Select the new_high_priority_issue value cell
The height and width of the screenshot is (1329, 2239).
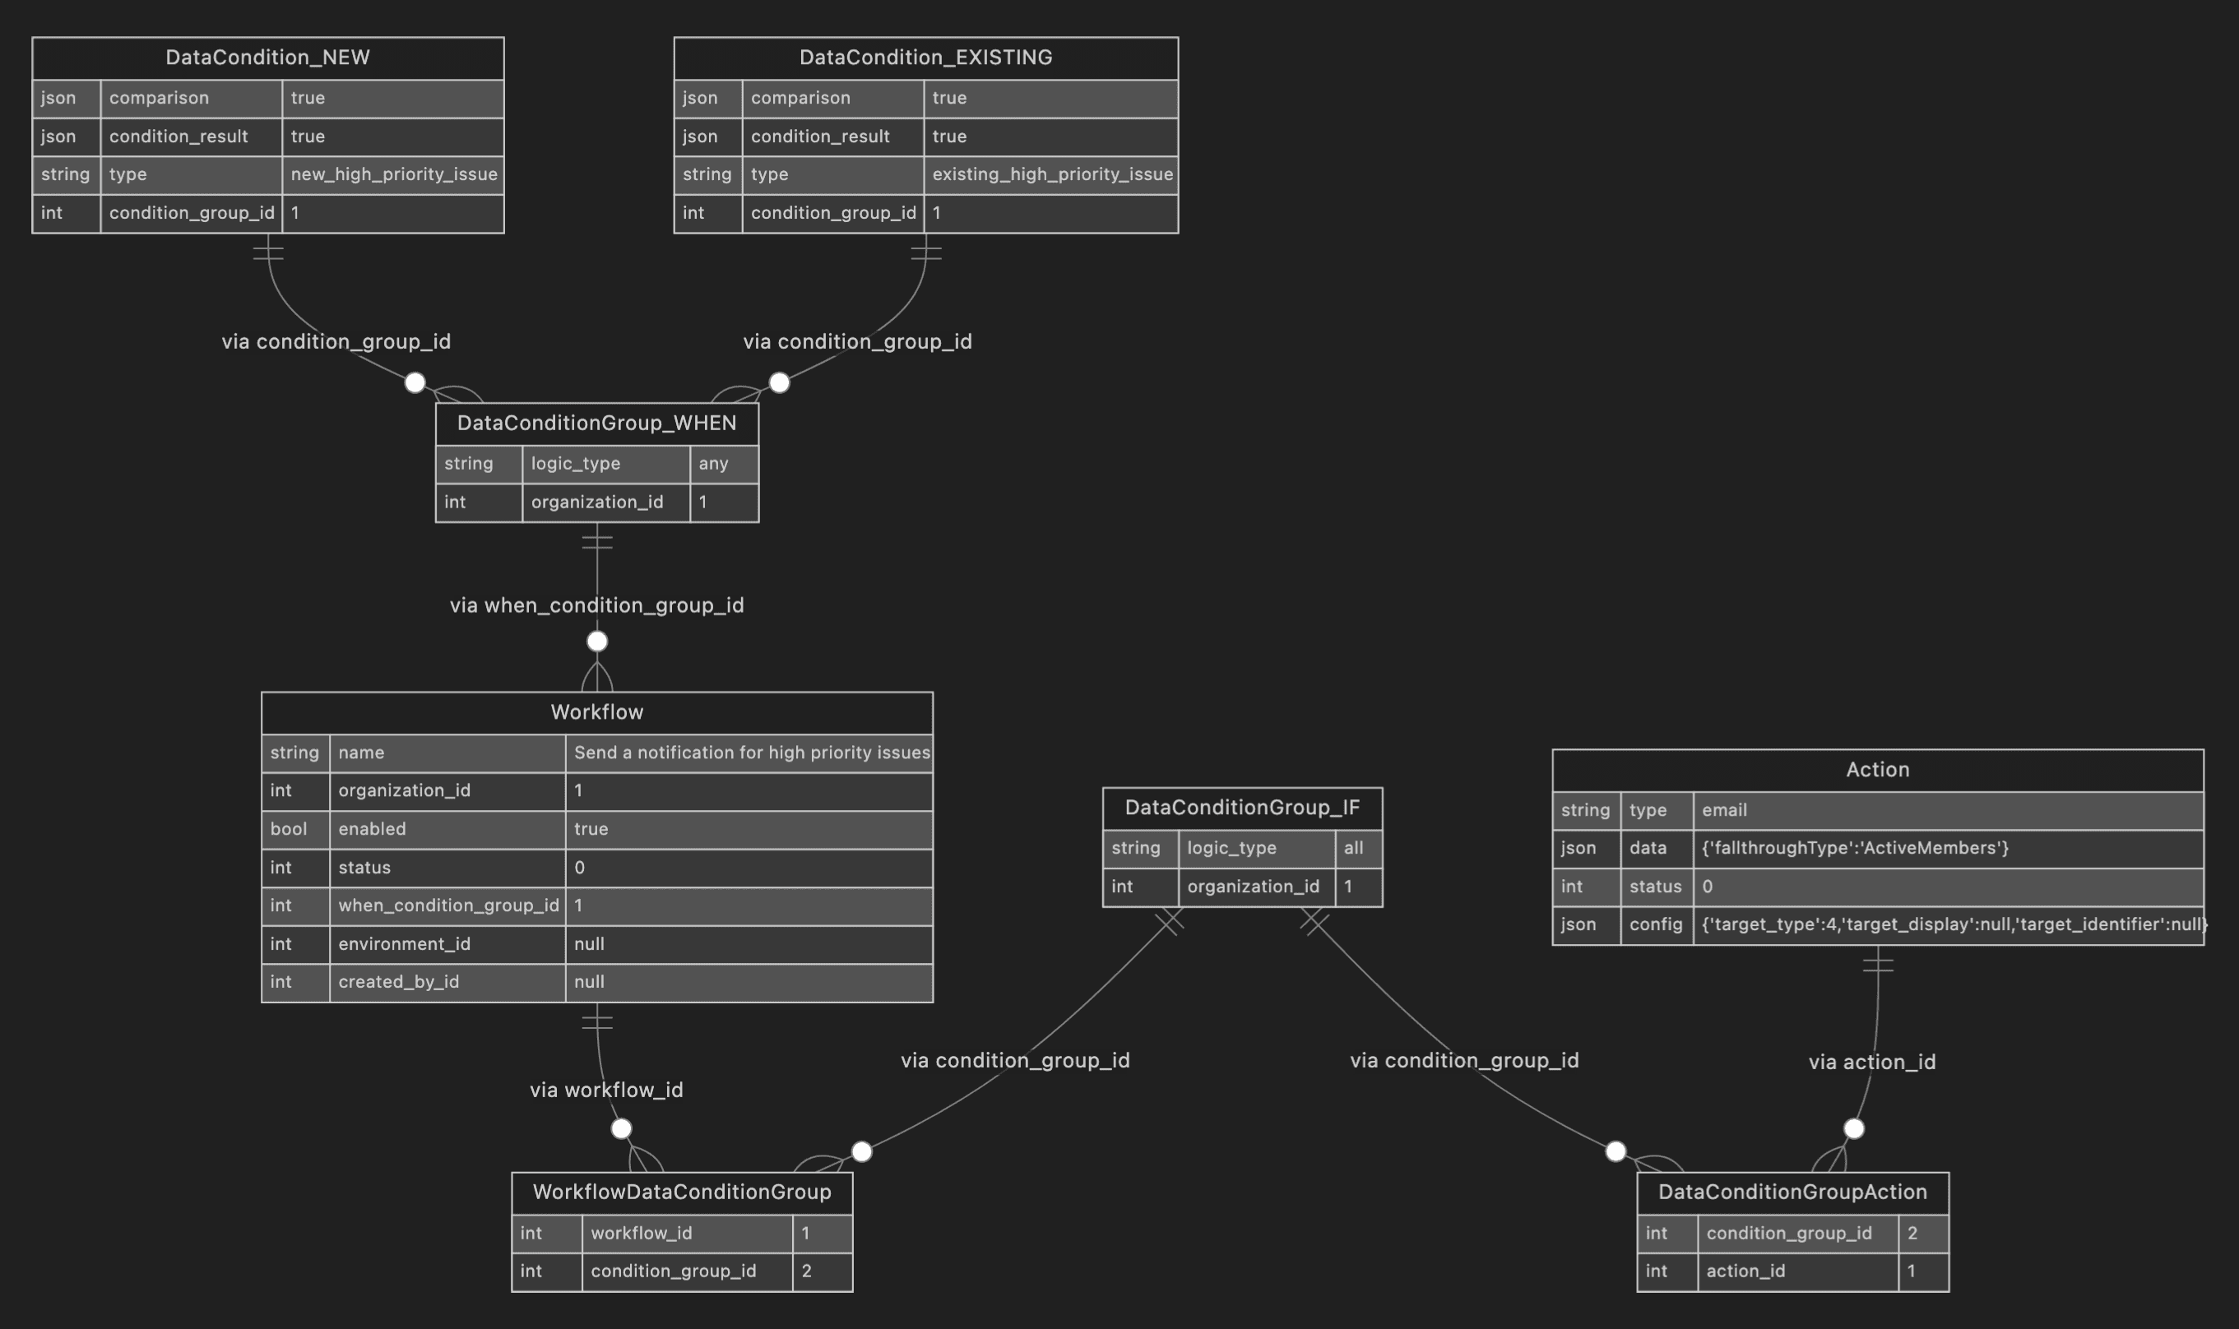pyautogui.click(x=393, y=174)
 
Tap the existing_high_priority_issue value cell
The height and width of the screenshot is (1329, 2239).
pyautogui.click(x=1051, y=174)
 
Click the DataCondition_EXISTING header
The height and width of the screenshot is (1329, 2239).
pyautogui.click(x=925, y=58)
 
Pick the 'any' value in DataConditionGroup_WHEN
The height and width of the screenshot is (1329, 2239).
pyautogui.click(x=714, y=464)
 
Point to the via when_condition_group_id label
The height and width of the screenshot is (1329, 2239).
pyautogui.click(x=596, y=605)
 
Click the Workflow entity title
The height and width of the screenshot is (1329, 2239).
pyautogui.click(x=596, y=712)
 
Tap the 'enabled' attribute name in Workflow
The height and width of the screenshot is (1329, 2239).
pyautogui.click(x=372, y=829)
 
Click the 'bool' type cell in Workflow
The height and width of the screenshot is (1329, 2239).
pyautogui.click(x=289, y=829)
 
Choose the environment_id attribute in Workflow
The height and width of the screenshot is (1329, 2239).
pyautogui.click(x=404, y=944)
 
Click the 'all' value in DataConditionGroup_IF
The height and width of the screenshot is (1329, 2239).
pyautogui.click(x=1353, y=848)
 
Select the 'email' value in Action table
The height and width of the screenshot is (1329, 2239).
pyautogui.click(x=1724, y=810)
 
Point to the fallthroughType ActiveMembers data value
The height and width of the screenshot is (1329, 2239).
pyautogui.click(x=1854, y=848)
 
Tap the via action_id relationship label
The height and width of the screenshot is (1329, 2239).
pyautogui.click(x=1872, y=1062)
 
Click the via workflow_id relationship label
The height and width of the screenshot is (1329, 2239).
pyautogui.click(x=606, y=1090)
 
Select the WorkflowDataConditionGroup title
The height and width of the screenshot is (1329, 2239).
pyautogui.click(x=682, y=1192)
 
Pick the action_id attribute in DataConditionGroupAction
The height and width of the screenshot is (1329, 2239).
pyautogui.click(x=1745, y=1271)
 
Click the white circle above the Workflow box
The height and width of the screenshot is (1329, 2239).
pyautogui.click(x=596, y=641)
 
